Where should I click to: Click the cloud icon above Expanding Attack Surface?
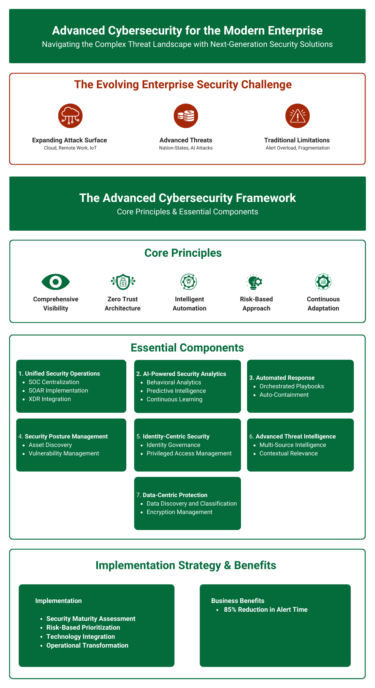tap(70, 116)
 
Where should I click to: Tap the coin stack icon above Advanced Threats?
tap(186, 116)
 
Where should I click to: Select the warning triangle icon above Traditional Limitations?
tap(297, 116)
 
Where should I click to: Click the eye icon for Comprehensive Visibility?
tap(56, 282)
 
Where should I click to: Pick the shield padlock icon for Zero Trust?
tap(123, 282)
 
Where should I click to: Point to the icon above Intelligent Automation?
tap(189, 282)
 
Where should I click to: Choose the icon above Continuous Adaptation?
tap(323, 282)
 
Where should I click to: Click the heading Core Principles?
tap(183, 253)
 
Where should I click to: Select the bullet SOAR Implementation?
tap(58, 391)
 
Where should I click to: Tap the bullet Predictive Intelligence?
tap(176, 391)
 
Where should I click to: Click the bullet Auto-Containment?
tap(284, 395)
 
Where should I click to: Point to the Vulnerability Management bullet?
tap(64, 453)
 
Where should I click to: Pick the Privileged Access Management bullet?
tap(189, 453)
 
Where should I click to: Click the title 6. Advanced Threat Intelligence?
tap(292, 437)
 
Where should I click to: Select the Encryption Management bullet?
tap(179, 512)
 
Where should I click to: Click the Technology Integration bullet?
tap(81, 637)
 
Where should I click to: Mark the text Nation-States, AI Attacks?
tap(186, 148)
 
